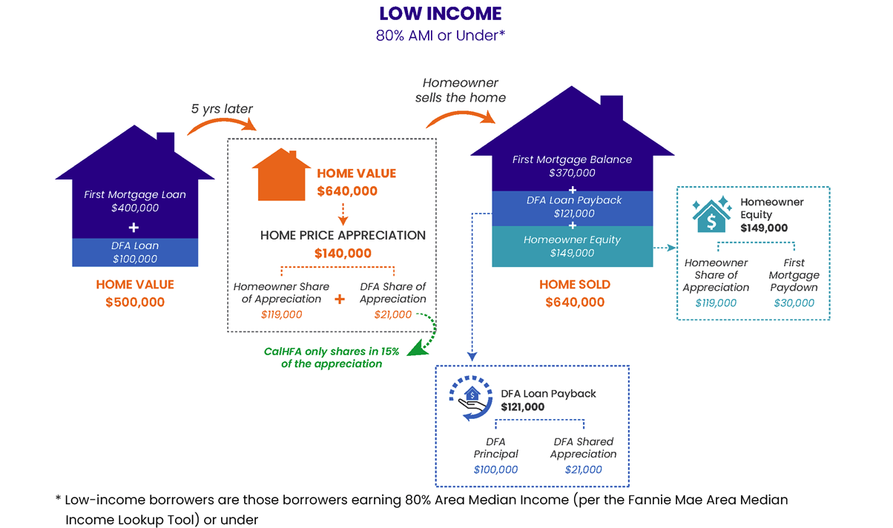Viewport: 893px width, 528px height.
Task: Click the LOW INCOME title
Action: [441, 13]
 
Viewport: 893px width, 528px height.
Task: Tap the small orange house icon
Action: [280, 176]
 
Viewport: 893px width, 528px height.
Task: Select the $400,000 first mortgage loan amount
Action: [135, 208]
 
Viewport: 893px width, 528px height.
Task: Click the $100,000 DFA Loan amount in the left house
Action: [135, 259]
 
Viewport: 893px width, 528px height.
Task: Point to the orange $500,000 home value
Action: [135, 302]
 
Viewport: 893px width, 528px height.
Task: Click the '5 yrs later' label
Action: [222, 109]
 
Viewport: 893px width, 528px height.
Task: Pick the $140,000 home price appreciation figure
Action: [343, 253]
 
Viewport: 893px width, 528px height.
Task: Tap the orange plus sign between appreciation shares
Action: [340, 300]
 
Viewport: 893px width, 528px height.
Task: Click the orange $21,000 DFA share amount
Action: [393, 314]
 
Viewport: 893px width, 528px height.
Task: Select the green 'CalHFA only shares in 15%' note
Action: [332, 352]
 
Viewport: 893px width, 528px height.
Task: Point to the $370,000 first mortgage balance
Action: [573, 173]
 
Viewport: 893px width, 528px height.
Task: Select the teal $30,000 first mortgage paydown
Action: [794, 303]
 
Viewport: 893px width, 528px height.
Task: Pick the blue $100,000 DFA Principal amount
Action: [495, 469]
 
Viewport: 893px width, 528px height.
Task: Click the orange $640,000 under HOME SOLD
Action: [575, 302]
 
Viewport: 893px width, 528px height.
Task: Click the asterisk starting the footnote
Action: [58, 501]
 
